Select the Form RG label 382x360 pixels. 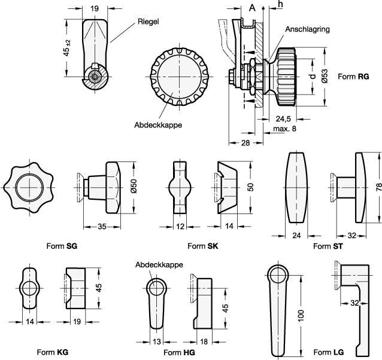point(353,77)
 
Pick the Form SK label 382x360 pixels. point(202,246)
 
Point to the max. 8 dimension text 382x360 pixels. point(286,129)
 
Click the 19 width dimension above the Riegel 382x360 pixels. point(95,8)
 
